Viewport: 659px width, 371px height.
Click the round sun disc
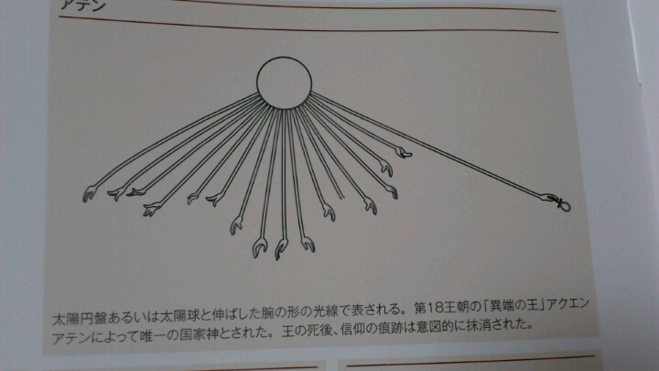(x=284, y=82)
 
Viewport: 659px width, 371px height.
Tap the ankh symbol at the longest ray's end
(x=562, y=204)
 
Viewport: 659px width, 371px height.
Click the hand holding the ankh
(x=548, y=197)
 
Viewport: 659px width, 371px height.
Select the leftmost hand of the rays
(x=89, y=193)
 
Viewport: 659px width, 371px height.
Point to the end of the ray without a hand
(x=343, y=198)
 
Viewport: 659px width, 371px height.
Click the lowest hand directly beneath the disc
(x=281, y=248)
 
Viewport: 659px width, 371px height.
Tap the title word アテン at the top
(x=82, y=5)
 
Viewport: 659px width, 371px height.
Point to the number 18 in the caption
(x=435, y=308)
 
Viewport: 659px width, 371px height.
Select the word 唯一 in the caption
(x=152, y=336)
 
